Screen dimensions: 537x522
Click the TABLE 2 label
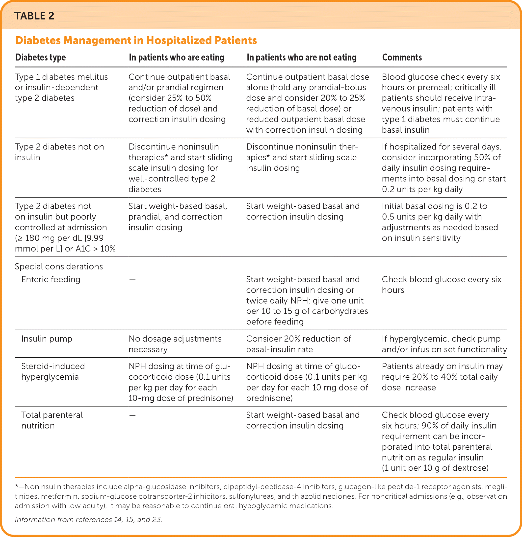[x=34, y=16]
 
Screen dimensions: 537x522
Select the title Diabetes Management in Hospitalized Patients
[x=136, y=40]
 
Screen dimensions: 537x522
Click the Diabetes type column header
[x=41, y=57]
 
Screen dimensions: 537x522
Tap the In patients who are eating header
[x=176, y=57]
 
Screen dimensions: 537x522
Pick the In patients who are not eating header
[x=301, y=57]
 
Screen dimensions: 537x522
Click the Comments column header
[x=402, y=57]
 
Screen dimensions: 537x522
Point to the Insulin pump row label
[x=47, y=339]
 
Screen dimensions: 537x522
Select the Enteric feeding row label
[x=51, y=279]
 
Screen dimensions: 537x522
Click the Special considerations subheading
[x=59, y=267]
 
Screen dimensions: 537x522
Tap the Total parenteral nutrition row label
[x=52, y=420]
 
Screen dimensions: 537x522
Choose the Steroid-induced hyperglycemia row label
[x=53, y=371]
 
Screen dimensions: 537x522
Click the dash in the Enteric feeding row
[x=132, y=280]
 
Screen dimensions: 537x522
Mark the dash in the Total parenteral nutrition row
[x=132, y=415]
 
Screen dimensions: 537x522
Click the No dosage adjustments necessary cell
[x=175, y=344]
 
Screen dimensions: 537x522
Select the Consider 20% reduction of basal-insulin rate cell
[x=298, y=344]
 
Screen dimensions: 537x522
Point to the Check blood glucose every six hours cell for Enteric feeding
[x=441, y=285]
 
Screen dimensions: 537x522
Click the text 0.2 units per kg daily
[x=422, y=189]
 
